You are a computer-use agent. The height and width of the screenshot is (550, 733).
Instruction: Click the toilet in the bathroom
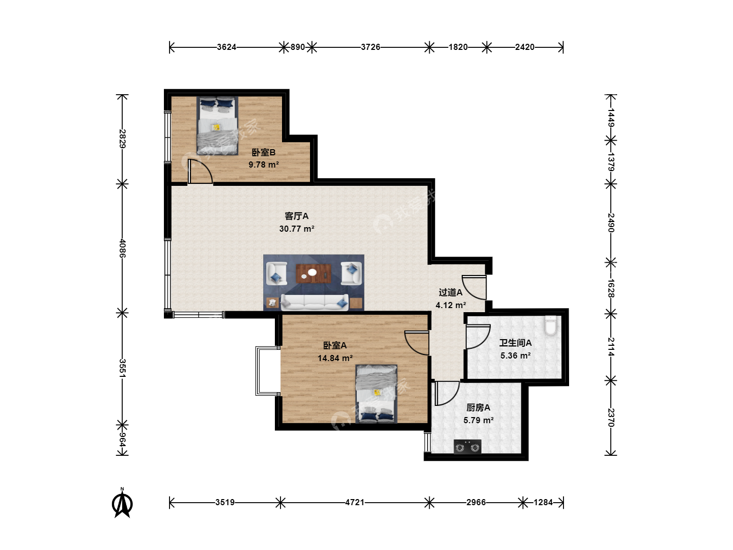click(550, 324)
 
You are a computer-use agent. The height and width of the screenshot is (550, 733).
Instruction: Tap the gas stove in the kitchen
click(467, 447)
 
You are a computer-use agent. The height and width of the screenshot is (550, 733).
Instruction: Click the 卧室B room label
click(264, 152)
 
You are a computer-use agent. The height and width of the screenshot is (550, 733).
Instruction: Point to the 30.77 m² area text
click(297, 229)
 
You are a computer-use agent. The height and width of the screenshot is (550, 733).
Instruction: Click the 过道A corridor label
click(450, 292)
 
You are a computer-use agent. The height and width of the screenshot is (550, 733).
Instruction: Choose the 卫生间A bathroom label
click(515, 343)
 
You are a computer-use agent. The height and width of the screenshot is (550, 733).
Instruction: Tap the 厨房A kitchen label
click(478, 407)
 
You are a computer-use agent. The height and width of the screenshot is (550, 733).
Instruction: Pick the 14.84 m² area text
click(335, 358)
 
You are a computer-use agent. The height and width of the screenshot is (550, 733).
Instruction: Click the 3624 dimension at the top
click(227, 47)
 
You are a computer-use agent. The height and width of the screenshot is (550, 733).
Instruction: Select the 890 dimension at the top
click(298, 47)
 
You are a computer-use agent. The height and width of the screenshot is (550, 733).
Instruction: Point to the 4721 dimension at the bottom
click(355, 502)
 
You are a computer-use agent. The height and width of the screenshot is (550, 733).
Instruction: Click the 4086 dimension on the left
click(122, 248)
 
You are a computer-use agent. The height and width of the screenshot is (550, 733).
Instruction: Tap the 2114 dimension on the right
click(611, 347)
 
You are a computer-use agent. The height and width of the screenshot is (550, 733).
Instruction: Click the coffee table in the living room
click(314, 273)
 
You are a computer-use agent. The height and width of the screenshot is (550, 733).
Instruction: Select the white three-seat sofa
click(315, 302)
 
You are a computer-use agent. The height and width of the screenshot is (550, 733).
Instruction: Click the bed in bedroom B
click(217, 126)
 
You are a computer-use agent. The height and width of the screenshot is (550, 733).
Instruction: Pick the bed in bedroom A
click(376, 394)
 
